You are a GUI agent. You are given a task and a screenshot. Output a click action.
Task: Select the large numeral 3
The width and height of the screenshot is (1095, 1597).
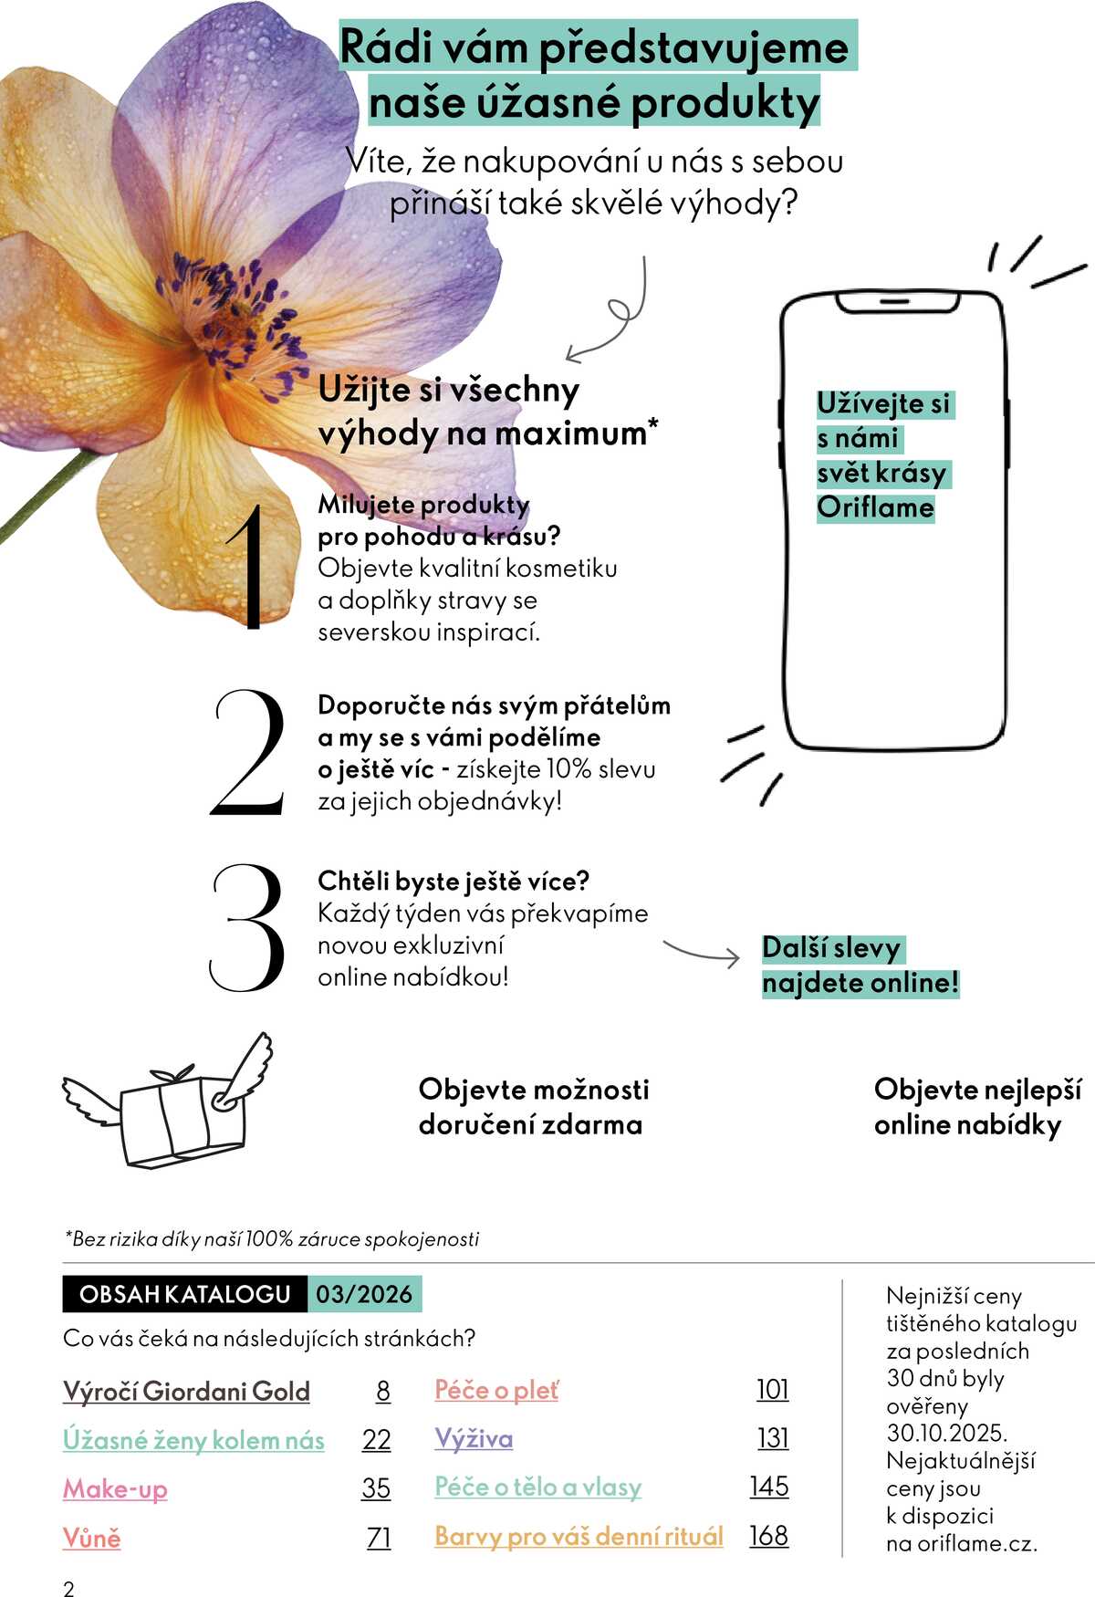(x=246, y=928)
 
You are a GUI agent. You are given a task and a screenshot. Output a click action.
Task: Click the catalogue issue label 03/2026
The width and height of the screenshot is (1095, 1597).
(x=364, y=1294)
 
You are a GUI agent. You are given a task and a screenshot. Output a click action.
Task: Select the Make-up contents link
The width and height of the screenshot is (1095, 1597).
(x=115, y=1488)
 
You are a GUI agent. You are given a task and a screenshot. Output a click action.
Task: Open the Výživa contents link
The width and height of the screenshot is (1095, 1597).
(x=474, y=1439)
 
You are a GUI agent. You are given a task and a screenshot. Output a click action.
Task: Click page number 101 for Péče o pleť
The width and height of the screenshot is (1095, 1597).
(x=772, y=1390)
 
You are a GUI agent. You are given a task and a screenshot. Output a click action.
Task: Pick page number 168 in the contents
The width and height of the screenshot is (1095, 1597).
(x=768, y=1536)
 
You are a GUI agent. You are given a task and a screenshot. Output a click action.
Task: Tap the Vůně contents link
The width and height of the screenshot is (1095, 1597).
(x=91, y=1538)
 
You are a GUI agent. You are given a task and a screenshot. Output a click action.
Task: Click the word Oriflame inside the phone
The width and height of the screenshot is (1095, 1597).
(x=875, y=507)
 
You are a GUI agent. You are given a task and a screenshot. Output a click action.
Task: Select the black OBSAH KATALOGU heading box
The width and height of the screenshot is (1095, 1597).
(x=184, y=1294)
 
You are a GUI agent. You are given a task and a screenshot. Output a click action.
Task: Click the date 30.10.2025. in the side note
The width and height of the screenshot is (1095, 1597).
(x=946, y=1433)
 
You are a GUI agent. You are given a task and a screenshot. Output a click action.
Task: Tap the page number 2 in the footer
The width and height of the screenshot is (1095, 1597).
(x=68, y=1589)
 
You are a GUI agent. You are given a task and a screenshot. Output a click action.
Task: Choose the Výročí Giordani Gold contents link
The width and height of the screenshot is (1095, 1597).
(x=186, y=1391)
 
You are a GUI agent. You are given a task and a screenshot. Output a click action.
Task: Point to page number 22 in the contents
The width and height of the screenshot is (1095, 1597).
(x=376, y=1439)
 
